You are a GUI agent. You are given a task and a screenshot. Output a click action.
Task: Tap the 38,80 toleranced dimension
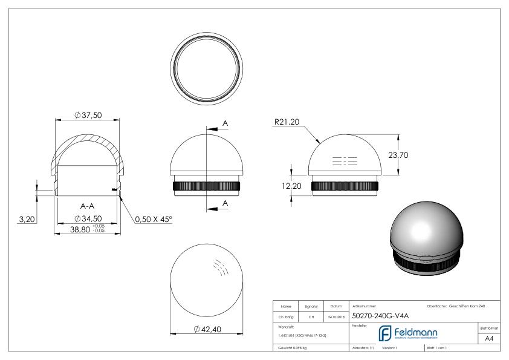(x=85, y=230)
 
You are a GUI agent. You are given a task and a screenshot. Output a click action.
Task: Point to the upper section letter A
(x=225, y=123)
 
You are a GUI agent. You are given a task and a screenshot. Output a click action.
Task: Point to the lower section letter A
(x=225, y=203)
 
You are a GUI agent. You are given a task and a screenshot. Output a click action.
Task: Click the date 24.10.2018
(x=335, y=316)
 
